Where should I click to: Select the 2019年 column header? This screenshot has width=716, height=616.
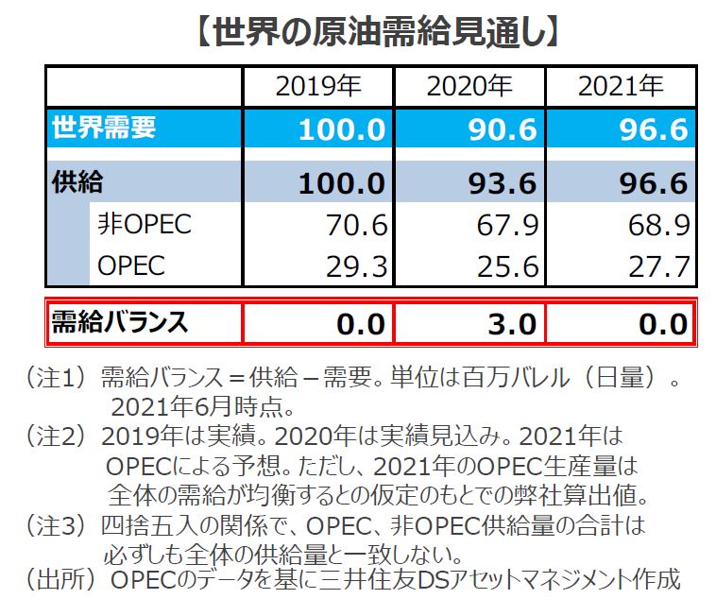[x=317, y=87]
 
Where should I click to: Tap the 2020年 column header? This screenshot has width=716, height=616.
[x=469, y=87]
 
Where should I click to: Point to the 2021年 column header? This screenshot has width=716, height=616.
[x=621, y=87]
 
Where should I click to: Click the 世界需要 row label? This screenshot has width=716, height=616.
[x=103, y=128]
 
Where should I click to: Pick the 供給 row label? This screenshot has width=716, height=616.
[x=77, y=181]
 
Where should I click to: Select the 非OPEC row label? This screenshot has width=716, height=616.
[x=144, y=225]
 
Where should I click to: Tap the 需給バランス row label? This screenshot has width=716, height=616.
[x=119, y=323]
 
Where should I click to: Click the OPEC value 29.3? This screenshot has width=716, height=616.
[x=354, y=267]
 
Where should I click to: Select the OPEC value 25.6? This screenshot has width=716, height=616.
[x=505, y=267]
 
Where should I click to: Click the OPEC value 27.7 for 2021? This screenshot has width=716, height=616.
[x=656, y=267]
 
